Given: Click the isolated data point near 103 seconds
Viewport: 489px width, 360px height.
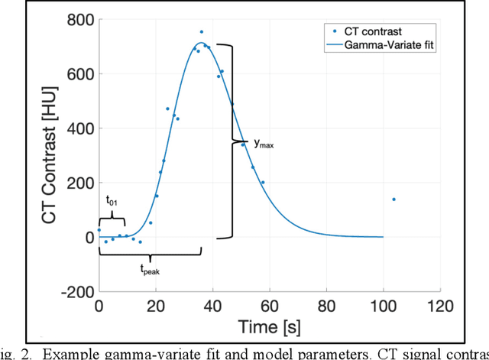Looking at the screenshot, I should pyautogui.click(x=393, y=199).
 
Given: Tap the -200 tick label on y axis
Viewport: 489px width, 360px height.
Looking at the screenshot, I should pyautogui.click(x=74, y=292).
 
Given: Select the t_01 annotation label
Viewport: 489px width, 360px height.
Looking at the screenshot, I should pyautogui.click(x=112, y=200).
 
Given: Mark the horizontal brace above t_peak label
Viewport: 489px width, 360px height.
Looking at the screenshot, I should pyautogui.click(x=150, y=252).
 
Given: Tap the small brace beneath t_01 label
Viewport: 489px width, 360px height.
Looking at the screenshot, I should pyautogui.click(x=112, y=220).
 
